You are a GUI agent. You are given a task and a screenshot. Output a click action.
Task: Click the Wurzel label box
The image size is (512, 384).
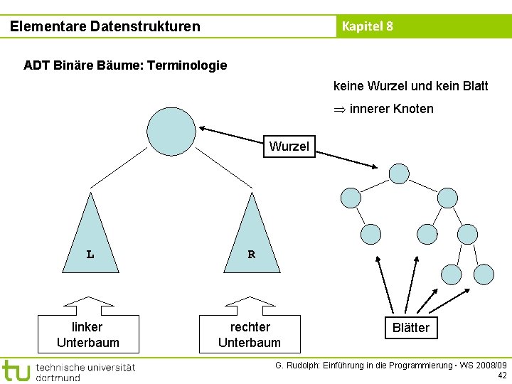(x=289, y=146)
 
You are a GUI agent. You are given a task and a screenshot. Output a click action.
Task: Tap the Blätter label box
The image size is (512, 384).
(x=411, y=327)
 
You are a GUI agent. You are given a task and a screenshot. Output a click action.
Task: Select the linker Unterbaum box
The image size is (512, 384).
(x=88, y=334)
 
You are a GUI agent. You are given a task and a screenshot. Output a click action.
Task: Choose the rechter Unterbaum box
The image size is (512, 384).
(x=250, y=334)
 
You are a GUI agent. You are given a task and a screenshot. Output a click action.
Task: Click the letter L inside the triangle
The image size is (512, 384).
(x=90, y=254)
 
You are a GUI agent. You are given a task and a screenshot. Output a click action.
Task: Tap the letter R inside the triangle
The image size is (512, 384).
(x=252, y=254)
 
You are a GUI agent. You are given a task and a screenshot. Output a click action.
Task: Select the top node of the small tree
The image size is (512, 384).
(x=400, y=174)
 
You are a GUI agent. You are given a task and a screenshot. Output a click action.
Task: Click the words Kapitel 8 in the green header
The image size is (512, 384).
(x=367, y=26)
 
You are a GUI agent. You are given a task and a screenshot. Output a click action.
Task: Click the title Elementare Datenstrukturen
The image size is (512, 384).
(x=105, y=26)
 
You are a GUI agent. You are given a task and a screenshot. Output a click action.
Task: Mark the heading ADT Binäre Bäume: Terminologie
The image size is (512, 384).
(x=125, y=65)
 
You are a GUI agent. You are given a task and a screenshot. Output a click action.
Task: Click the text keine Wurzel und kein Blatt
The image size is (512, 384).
(x=410, y=86)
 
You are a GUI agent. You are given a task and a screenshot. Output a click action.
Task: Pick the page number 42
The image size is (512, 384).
(x=502, y=375)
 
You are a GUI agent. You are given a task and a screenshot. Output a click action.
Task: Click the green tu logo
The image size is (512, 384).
(x=16, y=370)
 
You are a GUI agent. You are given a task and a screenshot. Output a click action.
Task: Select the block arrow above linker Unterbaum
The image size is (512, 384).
(x=88, y=306)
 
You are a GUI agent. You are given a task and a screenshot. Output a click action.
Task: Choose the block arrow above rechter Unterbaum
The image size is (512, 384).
(x=250, y=306)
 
